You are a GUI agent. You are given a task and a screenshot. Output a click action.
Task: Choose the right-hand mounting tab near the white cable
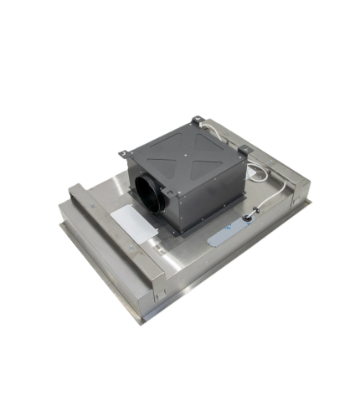pos(244,151)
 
